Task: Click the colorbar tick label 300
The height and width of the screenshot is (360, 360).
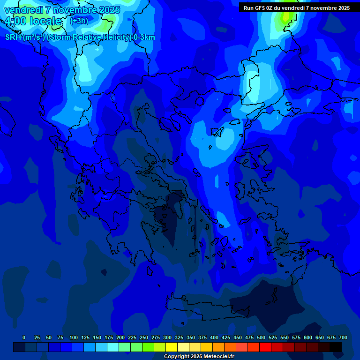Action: pos(167,337)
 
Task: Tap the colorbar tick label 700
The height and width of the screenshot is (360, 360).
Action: pos(343,337)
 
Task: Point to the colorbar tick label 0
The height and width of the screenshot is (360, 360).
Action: pos(24,337)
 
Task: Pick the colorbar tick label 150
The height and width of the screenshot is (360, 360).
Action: pos(97,337)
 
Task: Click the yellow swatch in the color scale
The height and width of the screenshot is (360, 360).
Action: pos(172,347)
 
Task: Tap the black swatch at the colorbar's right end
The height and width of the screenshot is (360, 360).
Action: pos(336,347)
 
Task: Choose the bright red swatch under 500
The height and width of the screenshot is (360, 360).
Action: pos(265,347)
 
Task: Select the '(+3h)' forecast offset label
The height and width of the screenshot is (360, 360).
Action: pos(79,21)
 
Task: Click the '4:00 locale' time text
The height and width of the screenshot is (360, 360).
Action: pos(34,21)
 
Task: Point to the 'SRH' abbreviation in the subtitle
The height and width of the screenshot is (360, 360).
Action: pos(13,37)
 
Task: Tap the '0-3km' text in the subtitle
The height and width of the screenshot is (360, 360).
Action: pos(144,37)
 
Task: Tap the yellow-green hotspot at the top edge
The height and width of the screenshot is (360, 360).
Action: pos(285,17)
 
